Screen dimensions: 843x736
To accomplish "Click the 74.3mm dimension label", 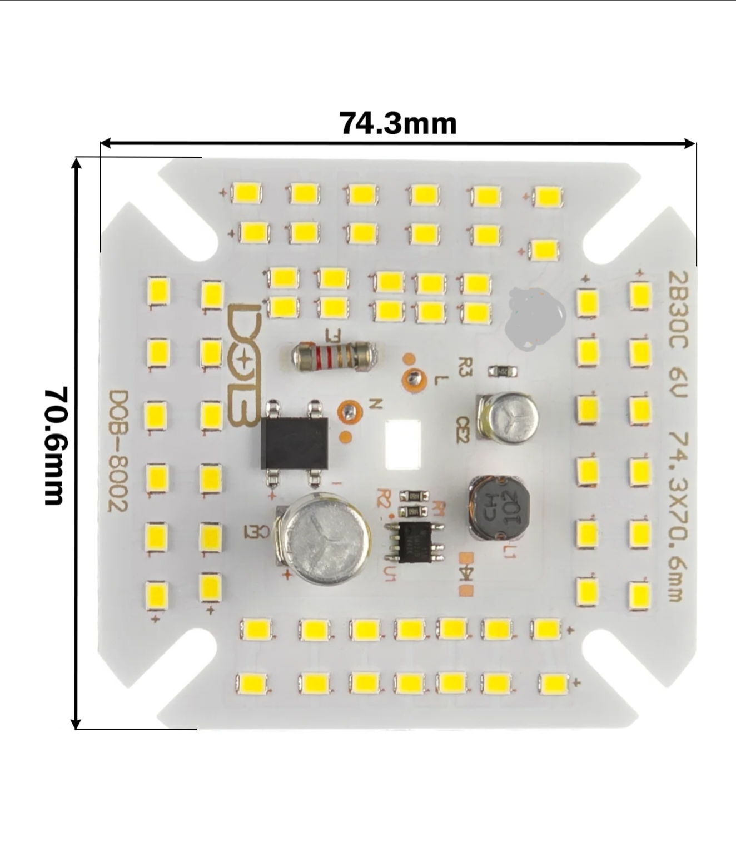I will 398,124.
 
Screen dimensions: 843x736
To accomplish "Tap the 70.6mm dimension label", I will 56,446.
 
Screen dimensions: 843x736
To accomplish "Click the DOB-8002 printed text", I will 118,451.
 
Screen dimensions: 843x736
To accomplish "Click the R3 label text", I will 465,367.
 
